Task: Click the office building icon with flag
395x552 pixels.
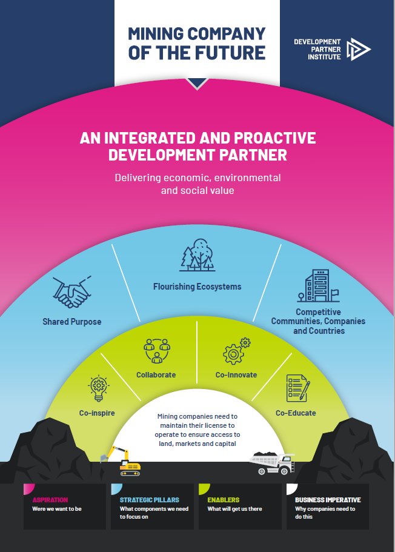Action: pos(317,287)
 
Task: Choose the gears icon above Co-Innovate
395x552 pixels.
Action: pos(236,351)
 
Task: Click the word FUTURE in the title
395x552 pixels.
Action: pos(231,52)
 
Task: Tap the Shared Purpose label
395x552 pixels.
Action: pos(72,322)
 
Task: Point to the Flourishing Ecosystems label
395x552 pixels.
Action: pos(197,286)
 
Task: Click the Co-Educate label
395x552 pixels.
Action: pos(296,413)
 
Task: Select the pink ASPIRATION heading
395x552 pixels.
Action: pos(50,500)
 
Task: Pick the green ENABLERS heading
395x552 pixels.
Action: pos(224,500)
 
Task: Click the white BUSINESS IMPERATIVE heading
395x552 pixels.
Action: pos(328,500)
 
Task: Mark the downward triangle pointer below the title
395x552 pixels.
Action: pos(197,84)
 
